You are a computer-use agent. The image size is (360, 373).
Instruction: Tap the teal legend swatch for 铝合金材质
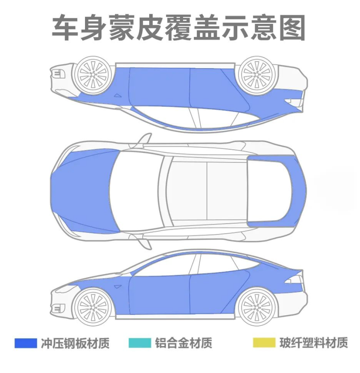pyautogui.click(x=140, y=343)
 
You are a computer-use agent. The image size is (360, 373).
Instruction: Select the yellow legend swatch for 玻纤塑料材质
pyautogui.click(x=264, y=343)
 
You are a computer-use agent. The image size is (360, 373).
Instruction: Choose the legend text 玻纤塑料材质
pyautogui.click(x=314, y=343)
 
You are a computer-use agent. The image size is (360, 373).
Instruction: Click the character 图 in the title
pyautogui.click(x=291, y=28)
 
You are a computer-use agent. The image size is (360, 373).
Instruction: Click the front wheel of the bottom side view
pyautogui.click(x=93, y=307)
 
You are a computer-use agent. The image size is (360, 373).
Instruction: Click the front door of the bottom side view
pyautogui.click(x=160, y=295)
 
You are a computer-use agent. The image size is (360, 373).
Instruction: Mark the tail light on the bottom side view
pyautogui.click(x=295, y=280)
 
